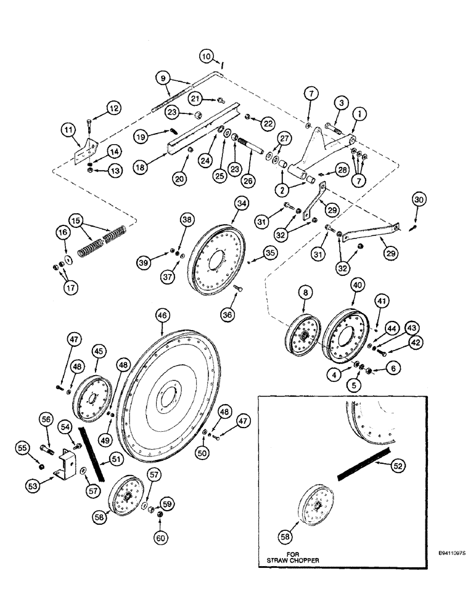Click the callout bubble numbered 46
click(162, 315)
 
